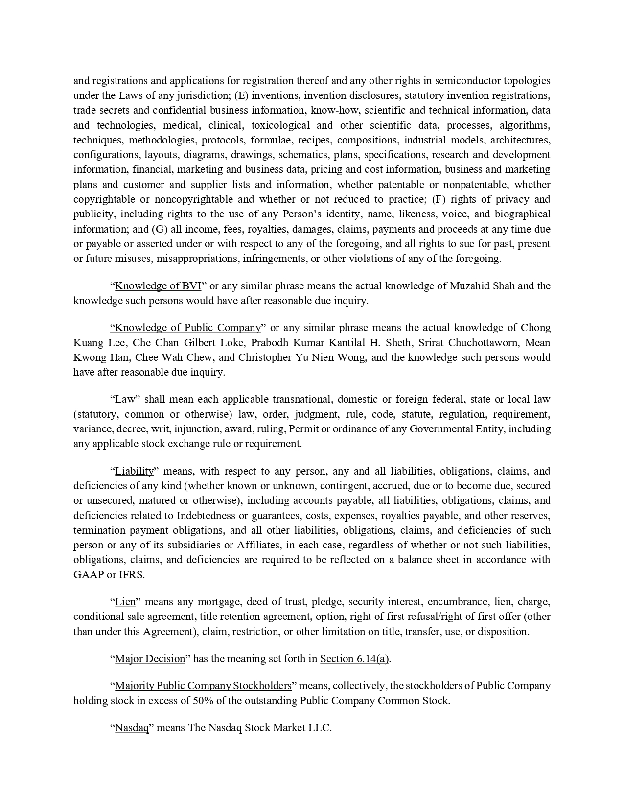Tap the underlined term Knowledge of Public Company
[187, 328]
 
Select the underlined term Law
[125, 399]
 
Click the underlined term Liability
[134, 471]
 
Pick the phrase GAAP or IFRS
[109, 575]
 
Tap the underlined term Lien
[125, 602]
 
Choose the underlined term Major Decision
[150, 659]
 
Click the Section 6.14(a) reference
[354, 659]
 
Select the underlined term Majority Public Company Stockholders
[203, 686]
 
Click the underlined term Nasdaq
[132, 728]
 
